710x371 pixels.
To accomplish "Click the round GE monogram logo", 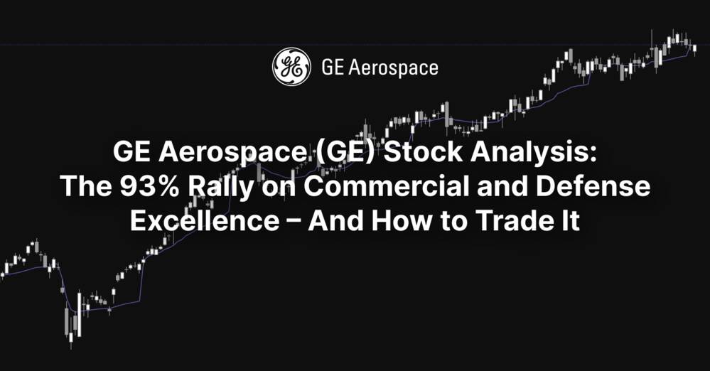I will pyautogui.click(x=291, y=67).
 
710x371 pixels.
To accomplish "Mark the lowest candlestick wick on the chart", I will pyautogui.click(x=71, y=344).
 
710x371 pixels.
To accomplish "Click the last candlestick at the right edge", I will pyautogui.click(x=694, y=48).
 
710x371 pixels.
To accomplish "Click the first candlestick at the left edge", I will pyautogui.click(x=2, y=273).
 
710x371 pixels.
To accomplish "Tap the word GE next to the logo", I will pyautogui.click(x=333, y=68).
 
